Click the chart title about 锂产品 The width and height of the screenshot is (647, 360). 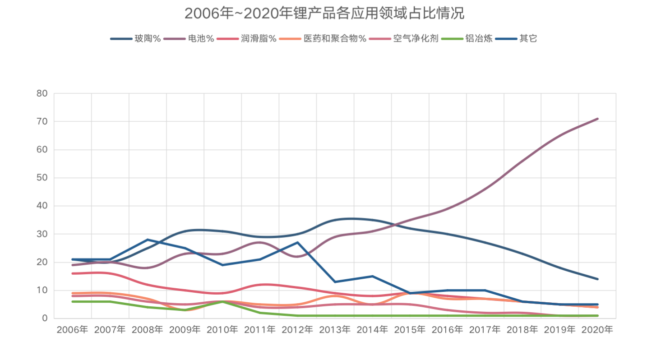coord(324,13)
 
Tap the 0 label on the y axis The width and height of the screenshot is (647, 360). coord(45,318)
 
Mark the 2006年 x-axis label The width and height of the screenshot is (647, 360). coord(73,330)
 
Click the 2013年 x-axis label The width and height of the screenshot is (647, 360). coord(335,330)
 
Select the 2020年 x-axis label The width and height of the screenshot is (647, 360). coord(597,330)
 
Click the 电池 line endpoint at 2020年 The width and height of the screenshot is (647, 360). coord(597,119)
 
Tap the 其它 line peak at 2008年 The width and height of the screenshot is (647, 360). coord(148,240)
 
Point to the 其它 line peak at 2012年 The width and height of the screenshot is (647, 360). coord(297,242)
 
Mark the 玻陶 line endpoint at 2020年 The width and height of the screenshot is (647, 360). coord(597,279)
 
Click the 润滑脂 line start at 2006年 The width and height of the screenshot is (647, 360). coord(73,273)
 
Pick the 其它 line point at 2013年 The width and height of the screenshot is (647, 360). coord(335,282)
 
